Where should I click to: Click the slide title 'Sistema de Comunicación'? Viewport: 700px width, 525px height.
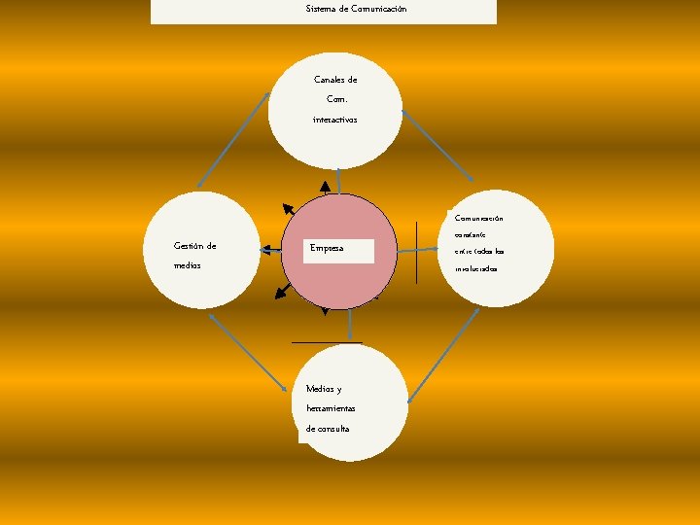tap(356, 9)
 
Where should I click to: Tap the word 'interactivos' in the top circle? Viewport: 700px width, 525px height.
tap(334, 119)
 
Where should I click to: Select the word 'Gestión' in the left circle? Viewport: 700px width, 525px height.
tap(189, 246)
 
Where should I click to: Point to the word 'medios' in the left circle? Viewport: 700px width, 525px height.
tap(187, 265)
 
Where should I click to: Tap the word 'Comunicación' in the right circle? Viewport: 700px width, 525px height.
tap(478, 218)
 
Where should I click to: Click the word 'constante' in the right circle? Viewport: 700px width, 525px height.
tap(472, 234)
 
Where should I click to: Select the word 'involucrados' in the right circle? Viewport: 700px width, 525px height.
tap(475, 268)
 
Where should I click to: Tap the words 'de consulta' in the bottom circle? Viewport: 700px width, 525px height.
tap(327, 429)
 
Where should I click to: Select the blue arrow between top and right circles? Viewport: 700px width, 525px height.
tap(438, 145)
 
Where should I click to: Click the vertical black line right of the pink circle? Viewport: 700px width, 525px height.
tap(415, 252)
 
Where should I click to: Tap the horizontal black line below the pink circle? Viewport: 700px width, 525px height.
tap(327, 343)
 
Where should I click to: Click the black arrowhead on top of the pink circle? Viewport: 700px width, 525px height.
tap(325, 187)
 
